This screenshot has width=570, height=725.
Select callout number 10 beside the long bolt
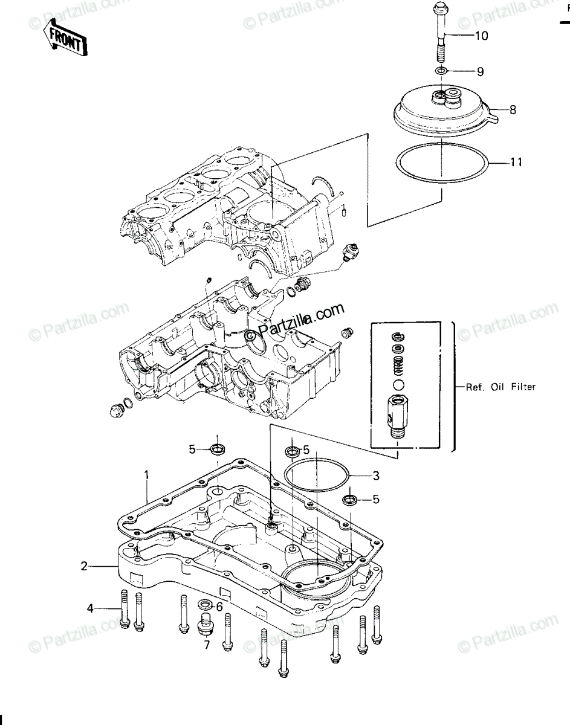(x=481, y=36)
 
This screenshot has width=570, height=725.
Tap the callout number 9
(x=480, y=71)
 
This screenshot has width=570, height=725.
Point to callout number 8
(x=513, y=109)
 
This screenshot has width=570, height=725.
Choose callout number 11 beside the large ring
(x=516, y=163)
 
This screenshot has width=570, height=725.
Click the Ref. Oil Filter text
(x=500, y=387)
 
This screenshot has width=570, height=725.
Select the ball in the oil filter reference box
(x=398, y=385)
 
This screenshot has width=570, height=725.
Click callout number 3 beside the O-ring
(x=376, y=475)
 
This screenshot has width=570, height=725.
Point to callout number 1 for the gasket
(x=146, y=474)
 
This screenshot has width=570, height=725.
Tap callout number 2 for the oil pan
(x=84, y=566)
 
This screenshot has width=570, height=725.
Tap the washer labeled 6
(x=204, y=604)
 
